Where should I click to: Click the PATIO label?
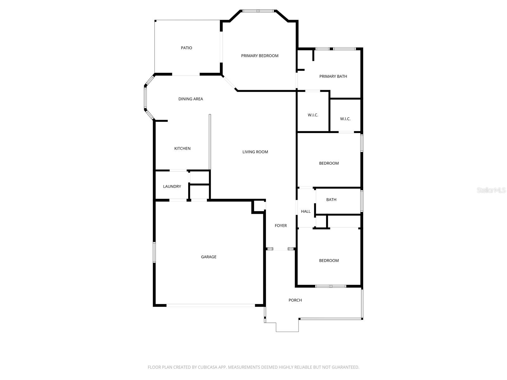[186, 48]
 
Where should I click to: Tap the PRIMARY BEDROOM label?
[260, 56]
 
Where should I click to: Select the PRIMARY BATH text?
[333, 76]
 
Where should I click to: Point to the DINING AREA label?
[190, 99]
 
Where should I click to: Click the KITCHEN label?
[182, 149]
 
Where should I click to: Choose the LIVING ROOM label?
[255, 152]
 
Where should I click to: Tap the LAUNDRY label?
[172, 187]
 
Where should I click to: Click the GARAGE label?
[209, 257]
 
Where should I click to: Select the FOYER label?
[280, 225]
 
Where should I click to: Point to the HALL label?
[306, 211]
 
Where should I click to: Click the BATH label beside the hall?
[331, 199]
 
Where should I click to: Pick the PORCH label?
[295, 300]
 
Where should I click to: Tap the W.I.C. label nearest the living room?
[313, 115]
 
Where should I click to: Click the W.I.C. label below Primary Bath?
[345, 119]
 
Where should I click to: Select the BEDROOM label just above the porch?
[329, 261]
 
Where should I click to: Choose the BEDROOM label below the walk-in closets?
[329, 163]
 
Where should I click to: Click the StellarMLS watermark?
[491, 190]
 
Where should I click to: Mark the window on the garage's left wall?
[154, 252]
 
